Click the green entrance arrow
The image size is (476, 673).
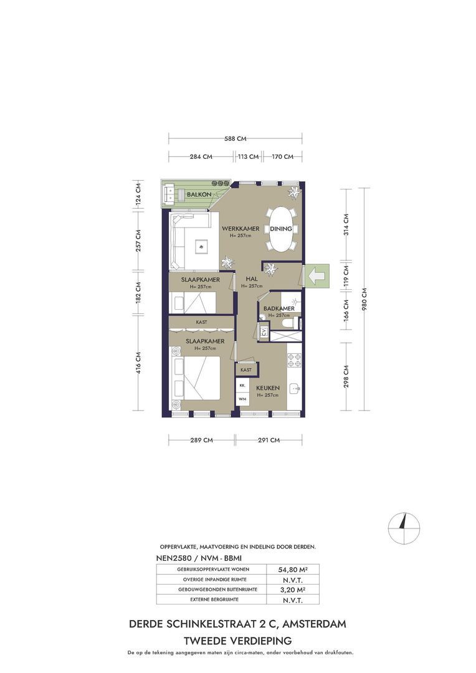317,276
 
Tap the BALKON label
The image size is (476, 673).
199,194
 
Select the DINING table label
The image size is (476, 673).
281,229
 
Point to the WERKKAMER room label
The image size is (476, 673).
240,229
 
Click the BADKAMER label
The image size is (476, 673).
279,308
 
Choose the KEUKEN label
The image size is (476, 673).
268,388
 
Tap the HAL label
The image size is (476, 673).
252,279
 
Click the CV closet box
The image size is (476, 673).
264,332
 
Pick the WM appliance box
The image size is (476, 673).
242,399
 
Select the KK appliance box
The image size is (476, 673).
242,386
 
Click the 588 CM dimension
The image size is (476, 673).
236,138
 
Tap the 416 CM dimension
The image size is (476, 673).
138,363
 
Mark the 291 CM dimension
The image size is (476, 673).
269,440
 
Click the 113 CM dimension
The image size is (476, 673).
249,156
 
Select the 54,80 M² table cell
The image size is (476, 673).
293,570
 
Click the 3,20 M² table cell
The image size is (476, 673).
293,589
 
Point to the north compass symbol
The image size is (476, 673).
404,528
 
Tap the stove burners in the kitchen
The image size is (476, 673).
295,360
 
